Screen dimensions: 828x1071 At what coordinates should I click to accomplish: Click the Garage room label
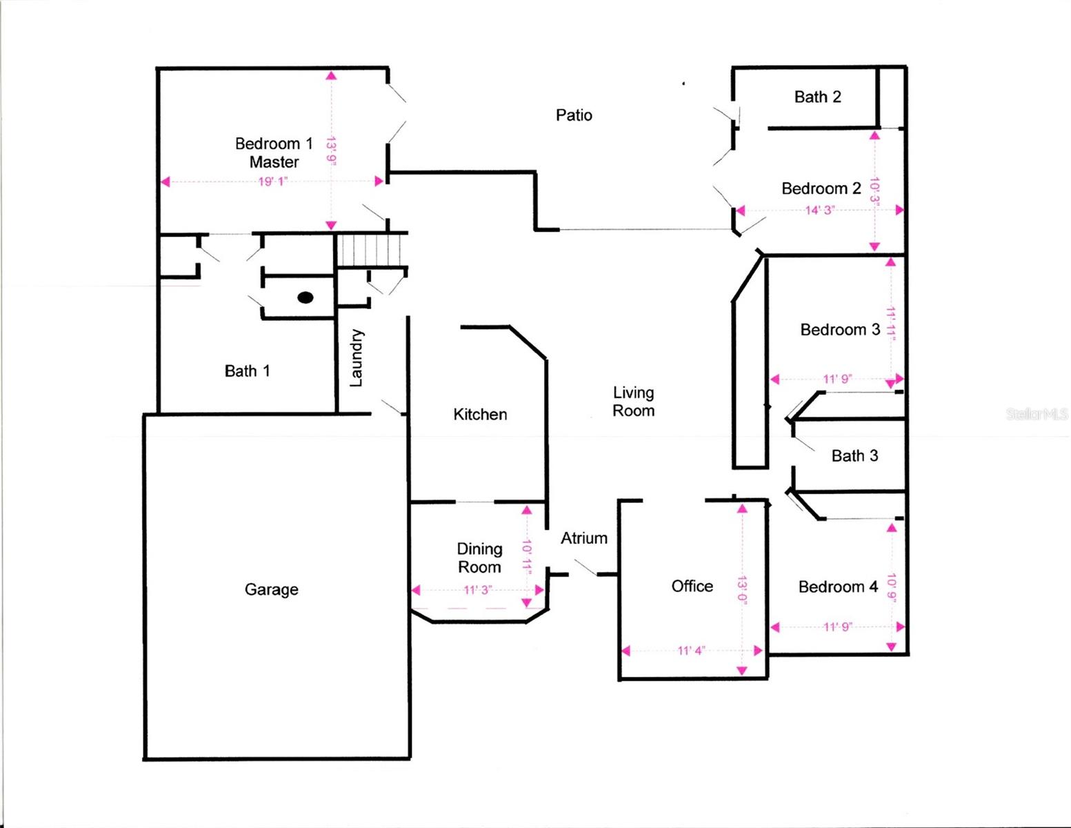pos(271,589)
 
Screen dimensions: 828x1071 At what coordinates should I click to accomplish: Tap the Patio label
pos(574,115)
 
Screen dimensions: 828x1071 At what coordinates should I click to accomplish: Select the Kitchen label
pos(480,414)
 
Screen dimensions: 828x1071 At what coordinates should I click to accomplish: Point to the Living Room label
pos(633,402)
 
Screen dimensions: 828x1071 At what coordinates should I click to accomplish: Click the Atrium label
pos(583,538)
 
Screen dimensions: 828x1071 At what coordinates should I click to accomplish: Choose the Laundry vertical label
pos(356,357)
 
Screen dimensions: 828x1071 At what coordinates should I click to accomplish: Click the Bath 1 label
pos(247,371)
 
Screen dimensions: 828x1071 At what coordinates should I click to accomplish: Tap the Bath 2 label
pos(817,97)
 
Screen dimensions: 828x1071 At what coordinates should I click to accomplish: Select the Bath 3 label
pos(854,456)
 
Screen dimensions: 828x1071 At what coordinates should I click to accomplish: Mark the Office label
pos(692,586)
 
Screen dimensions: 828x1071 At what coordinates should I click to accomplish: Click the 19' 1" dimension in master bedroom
pos(272,182)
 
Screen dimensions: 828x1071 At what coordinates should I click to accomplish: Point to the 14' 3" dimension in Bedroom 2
pos(819,210)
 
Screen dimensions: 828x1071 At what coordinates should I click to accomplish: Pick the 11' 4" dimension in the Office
pos(691,651)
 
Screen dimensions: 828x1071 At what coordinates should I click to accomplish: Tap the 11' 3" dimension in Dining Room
pos(477,590)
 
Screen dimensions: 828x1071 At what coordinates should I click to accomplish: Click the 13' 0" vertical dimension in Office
pos(742,588)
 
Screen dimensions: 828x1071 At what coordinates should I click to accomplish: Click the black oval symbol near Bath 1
pos(306,297)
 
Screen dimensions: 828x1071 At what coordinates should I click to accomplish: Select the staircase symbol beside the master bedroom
pos(371,250)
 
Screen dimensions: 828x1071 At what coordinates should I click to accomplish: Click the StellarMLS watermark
pos(1037,414)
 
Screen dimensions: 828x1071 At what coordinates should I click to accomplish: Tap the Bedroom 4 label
pos(838,587)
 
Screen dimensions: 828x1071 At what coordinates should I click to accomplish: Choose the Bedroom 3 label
pos(840,330)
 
